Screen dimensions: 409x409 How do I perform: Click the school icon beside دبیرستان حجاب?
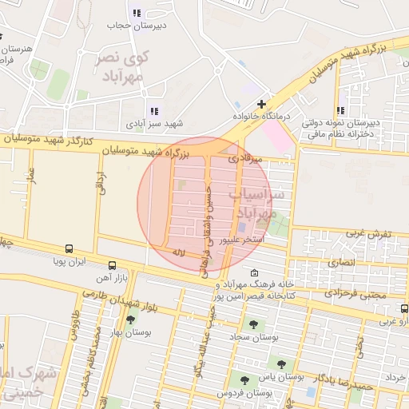[137, 13]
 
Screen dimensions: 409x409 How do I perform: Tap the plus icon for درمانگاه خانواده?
[261, 104]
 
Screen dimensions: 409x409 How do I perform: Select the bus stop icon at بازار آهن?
[111, 264]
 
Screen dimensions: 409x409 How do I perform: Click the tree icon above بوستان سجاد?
[254, 324]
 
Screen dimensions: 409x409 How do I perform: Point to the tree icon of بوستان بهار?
[131, 320]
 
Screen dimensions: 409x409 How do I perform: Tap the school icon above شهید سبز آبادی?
[153, 112]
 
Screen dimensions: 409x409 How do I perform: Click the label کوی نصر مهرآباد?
[125, 67]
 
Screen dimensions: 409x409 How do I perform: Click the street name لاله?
[179, 252]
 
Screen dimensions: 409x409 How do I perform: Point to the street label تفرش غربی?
[367, 234]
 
